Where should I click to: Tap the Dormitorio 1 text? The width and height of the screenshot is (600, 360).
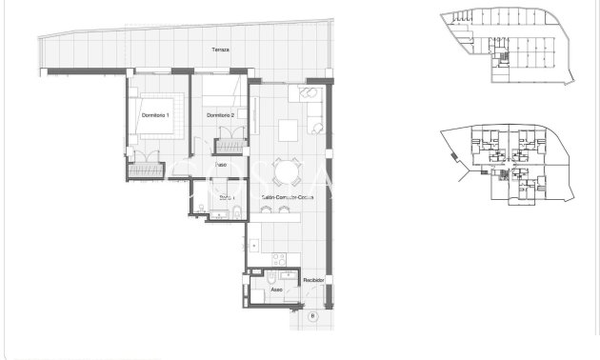pyautogui.click(x=154, y=115)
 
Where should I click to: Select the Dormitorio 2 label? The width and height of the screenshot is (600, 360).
pyautogui.click(x=221, y=115)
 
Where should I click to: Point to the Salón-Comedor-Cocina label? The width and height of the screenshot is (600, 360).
pyautogui.click(x=288, y=198)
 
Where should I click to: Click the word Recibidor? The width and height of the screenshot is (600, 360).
pyautogui.click(x=314, y=281)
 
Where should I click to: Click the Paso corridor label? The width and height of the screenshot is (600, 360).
pyautogui.click(x=220, y=165)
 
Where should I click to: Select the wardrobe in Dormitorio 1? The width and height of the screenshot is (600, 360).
pyautogui.click(x=148, y=169)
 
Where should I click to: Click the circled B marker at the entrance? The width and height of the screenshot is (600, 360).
pyautogui.click(x=311, y=315)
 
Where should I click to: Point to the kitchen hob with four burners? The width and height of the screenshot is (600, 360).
pyautogui.click(x=278, y=258)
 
